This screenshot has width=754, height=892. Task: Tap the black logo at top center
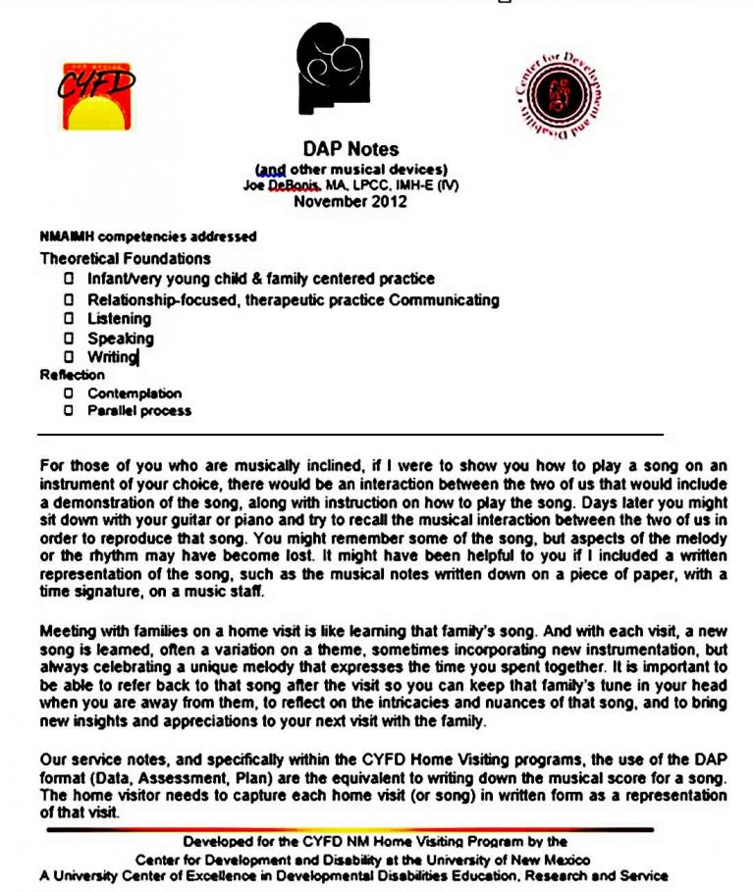click(x=334, y=68)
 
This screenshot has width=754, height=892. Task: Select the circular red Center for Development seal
click(x=558, y=96)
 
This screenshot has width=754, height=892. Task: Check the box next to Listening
click(x=69, y=319)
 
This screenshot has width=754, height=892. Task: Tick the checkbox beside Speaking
click(x=69, y=339)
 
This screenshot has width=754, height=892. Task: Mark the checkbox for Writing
click(x=69, y=357)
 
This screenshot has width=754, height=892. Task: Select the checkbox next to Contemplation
click(x=69, y=393)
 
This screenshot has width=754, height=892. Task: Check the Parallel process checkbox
click(x=69, y=410)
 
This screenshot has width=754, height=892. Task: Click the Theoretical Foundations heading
click(x=125, y=258)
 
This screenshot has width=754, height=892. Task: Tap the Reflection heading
click(x=72, y=375)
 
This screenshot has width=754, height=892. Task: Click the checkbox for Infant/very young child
click(x=69, y=279)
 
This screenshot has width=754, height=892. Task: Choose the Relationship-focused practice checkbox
click(x=69, y=299)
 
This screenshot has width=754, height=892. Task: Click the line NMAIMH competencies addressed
click(x=147, y=236)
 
